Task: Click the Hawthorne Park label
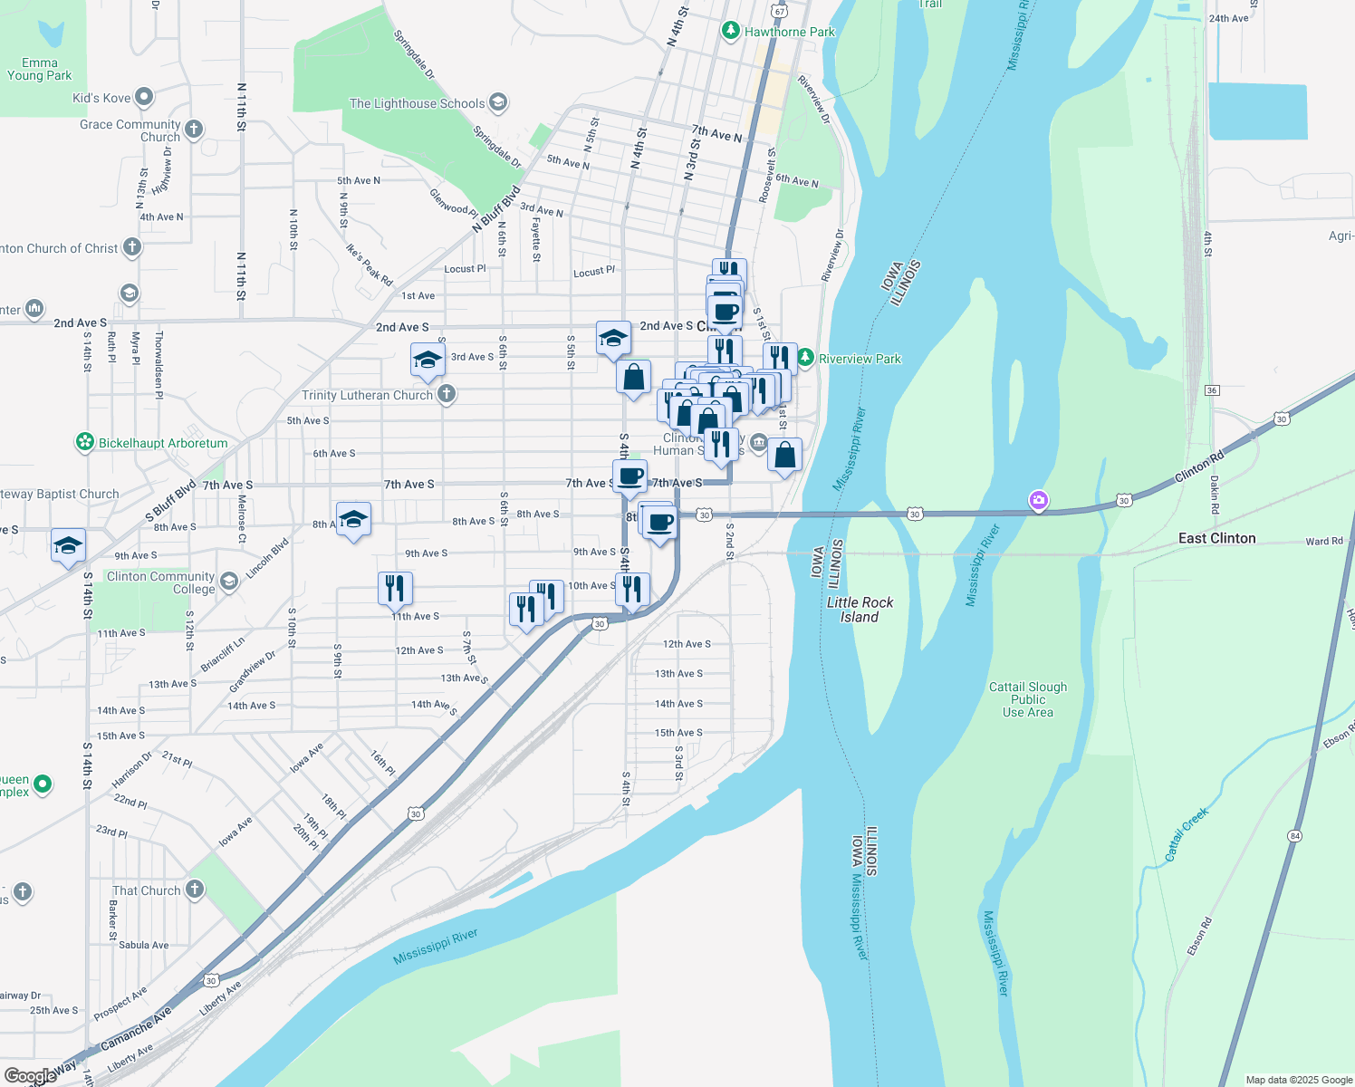tap(789, 32)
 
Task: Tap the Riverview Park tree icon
tap(804, 359)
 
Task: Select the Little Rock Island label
tap(860, 610)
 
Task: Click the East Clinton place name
tap(1216, 538)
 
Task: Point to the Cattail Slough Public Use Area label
tap(1027, 699)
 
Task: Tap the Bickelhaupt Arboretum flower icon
tap(85, 443)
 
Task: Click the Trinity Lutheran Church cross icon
tap(446, 394)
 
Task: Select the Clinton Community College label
tap(161, 582)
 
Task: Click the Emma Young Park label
tap(39, 69)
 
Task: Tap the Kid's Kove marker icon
tap(143, 97)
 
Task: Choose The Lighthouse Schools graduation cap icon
tap(497, 102)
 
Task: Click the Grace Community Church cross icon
tap(194, 130)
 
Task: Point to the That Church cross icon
tap(195, 890)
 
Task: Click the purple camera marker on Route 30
tap(1039, 500)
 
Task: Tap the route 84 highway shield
tap(1295, 835)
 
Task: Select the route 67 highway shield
tap(780, 11)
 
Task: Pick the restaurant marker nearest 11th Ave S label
tap(395, 589)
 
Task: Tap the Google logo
tap(31, 1075)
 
